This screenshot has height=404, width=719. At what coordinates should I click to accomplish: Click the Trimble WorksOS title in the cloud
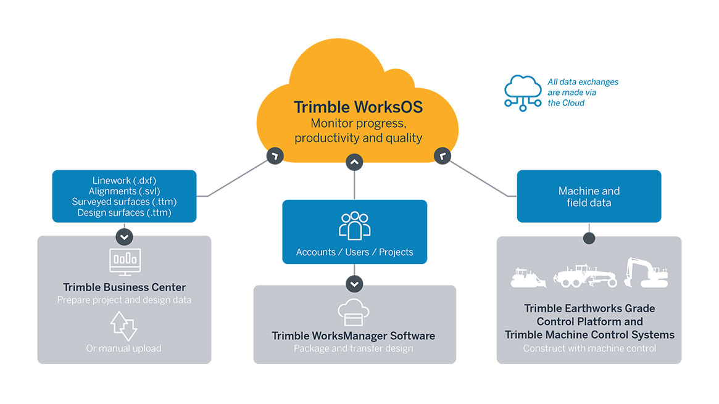pyautogui.click(x=358, y=107)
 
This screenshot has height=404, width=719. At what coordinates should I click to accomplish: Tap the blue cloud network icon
pyautogui.click(x=523, y=93)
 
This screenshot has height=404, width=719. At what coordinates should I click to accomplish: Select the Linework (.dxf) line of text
pyautogui.click(x=123, y=180)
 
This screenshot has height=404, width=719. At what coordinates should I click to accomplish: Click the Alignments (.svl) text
pyautogui.click(x=123, y=191)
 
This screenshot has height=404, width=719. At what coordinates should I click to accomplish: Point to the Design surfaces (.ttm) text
pyautogui.click(x=124, y=213)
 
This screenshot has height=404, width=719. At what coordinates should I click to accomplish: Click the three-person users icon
pyautogui.click(x=355, y=226)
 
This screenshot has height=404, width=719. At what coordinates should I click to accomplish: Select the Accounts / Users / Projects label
pyautogui.click(x=354, y=252)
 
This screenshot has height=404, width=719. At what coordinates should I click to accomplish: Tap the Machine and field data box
pyautogui.click(x=589, y=196)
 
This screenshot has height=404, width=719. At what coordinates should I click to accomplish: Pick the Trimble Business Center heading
pyautogui.click(x=124, y=287)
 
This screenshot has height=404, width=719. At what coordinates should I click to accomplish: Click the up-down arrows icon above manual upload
pyautogui.click(x=124, y=326)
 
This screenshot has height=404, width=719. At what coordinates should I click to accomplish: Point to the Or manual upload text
pyautogui.click(x=124, y=348)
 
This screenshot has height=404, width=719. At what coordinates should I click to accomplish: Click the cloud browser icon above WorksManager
pyautogui.click(x=354, y=313)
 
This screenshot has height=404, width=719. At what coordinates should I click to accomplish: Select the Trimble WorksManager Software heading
pyautogui.click(x=354, y=336)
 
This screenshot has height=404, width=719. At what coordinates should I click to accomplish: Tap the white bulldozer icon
pyautogui.click(x=528, y=278)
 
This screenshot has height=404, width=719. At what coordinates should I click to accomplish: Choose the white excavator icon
pyautogui.click(x=645, y=273)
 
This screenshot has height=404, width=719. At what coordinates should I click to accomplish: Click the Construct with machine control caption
pyautogui.click(x=589, y=348)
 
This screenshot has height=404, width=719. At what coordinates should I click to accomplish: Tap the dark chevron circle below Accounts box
pyautogui.click(x=354, y=284)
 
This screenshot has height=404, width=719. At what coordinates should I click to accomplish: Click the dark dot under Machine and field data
pyautogui.click(x=589, y=237)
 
